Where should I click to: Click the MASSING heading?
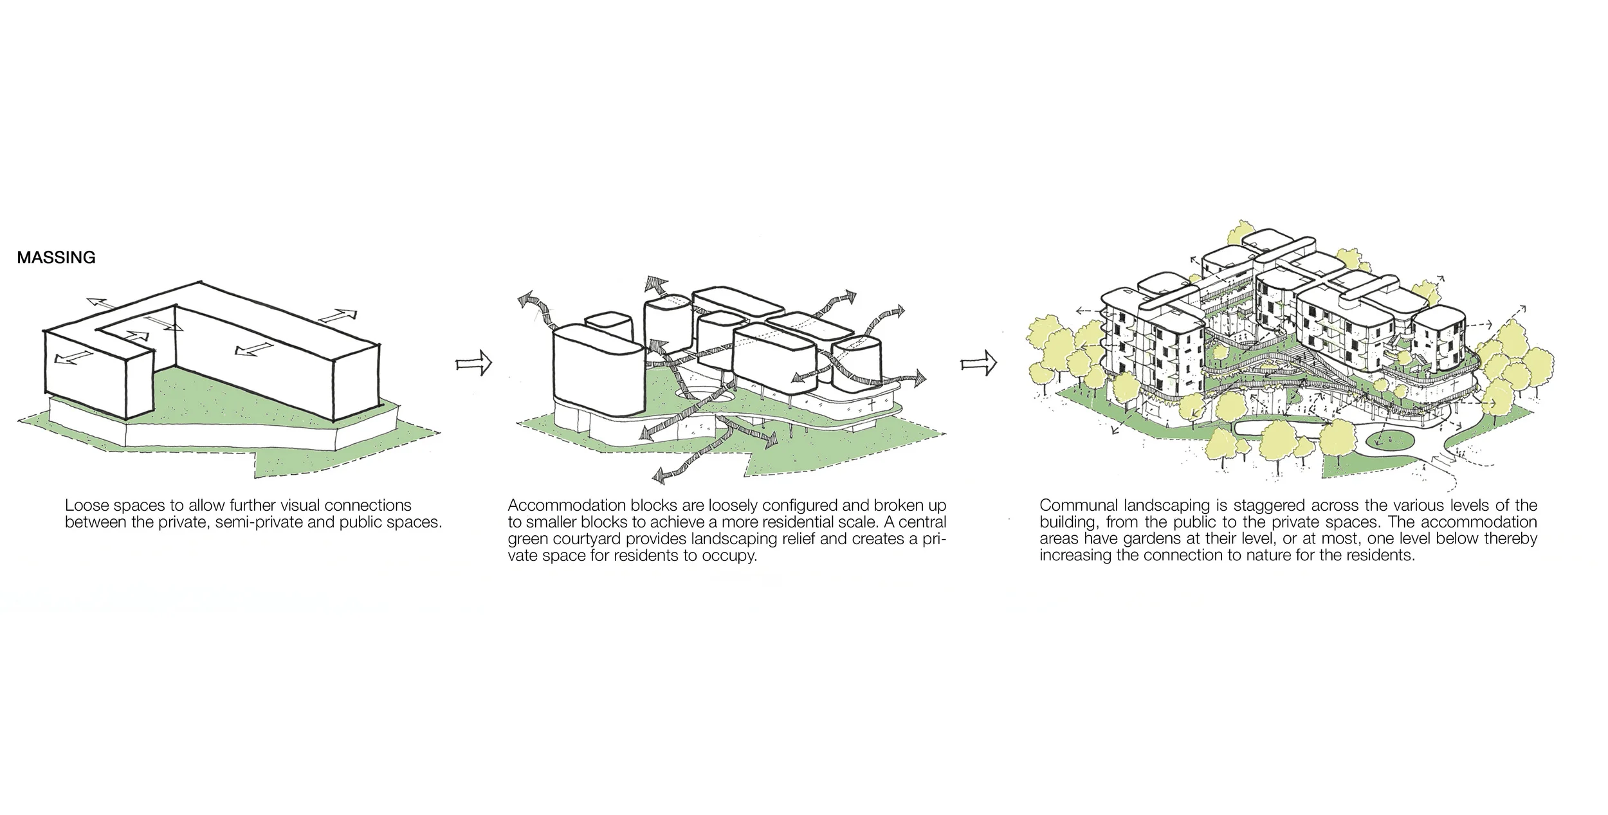[x=56, y=257]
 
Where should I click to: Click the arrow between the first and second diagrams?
[x=473, y=364]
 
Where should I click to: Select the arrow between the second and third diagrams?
[x=978, y=364]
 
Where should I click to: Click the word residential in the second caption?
[x=845, y=522]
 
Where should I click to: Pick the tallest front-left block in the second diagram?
[x=598, y=373]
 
